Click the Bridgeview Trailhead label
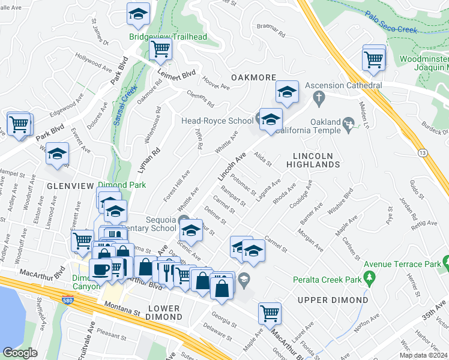(168, 37)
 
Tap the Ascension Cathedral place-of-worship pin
(319, 97)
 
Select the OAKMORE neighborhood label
(253, 77)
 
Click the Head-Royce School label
(217, 121)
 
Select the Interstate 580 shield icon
(70, 299)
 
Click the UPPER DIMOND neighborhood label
(333, 299)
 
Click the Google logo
(20, 353)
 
